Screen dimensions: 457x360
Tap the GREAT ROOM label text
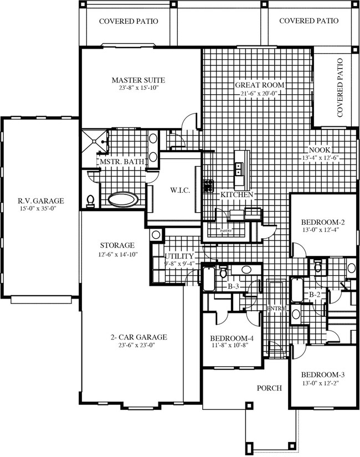260,85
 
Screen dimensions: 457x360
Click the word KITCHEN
237,195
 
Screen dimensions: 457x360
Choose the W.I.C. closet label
179,190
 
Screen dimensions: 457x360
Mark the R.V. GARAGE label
40,201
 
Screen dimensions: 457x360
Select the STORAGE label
117,245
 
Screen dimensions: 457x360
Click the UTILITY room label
180,256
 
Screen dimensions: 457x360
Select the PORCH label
270,388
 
